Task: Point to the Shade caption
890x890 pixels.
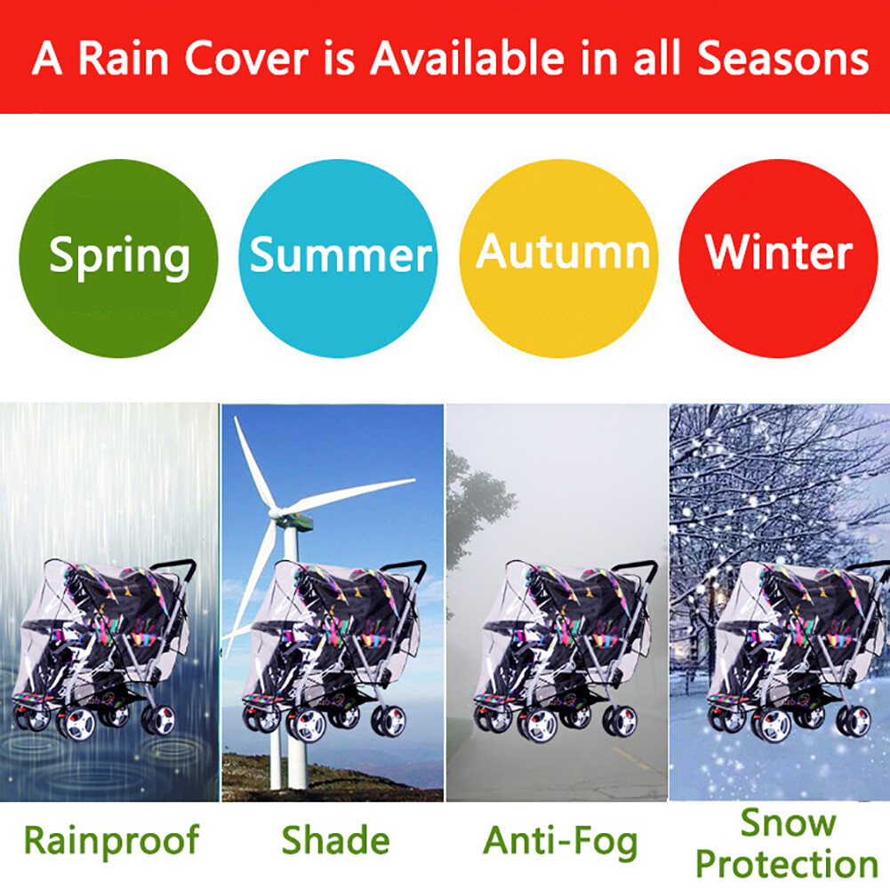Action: [335, 840]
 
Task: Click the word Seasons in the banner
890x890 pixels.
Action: [782, 58]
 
